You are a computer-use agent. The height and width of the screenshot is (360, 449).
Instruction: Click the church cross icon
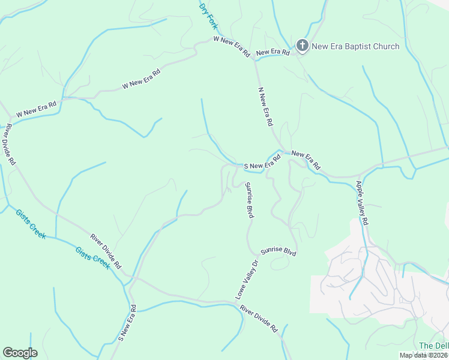coord(302,46)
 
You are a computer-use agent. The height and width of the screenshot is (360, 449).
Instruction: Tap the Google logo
coord(20,353)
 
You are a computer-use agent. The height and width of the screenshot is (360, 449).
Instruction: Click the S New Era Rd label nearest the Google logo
coord(127,323)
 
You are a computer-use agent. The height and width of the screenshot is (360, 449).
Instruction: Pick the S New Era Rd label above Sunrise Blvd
coord(262,163)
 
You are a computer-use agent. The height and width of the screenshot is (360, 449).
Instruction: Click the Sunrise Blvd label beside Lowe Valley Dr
coord(279,252)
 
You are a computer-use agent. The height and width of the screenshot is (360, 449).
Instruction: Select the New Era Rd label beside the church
coord(273,53)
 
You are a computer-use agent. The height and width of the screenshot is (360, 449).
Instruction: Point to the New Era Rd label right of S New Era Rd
coord(306,160)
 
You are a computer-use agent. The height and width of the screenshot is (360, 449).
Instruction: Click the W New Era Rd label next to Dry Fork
coord(232,46)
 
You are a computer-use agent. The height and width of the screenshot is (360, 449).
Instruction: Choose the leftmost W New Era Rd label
coord(36,109)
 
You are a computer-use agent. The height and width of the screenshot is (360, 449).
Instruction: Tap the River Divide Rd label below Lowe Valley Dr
coord(259,319)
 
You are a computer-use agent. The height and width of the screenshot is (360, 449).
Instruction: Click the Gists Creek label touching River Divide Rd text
coord(93,257)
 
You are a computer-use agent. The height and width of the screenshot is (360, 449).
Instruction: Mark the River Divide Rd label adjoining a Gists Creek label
coord(106,251)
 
